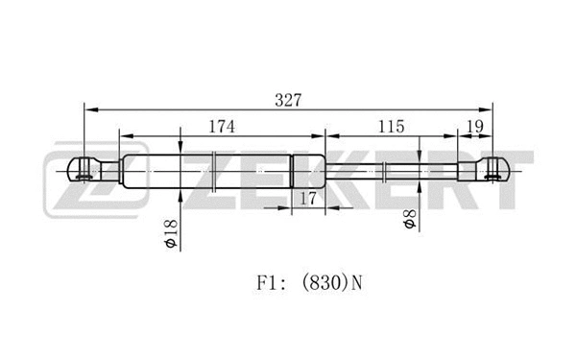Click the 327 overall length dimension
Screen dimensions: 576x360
pos(288,100)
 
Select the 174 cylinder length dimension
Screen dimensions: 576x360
pos(222,127)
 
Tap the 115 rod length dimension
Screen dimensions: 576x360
pos(392,127)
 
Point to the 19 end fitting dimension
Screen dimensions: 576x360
pos(475,127)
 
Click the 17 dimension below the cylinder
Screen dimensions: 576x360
pos(308,199)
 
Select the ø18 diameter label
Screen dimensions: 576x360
pos(171,233)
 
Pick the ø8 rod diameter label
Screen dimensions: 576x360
pos(410,219)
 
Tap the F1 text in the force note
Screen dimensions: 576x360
pos(267,283)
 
